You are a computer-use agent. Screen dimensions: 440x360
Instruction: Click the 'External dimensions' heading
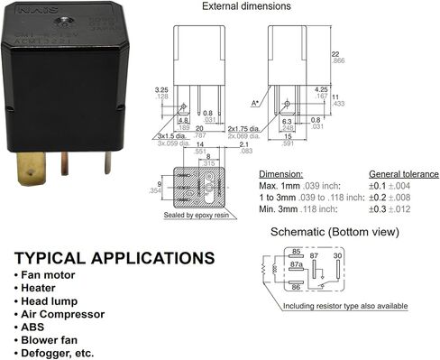(245, 6)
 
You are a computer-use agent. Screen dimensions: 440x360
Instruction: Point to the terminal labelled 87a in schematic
(297, 267)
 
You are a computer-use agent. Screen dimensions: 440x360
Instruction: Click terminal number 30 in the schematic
(337, 257)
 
